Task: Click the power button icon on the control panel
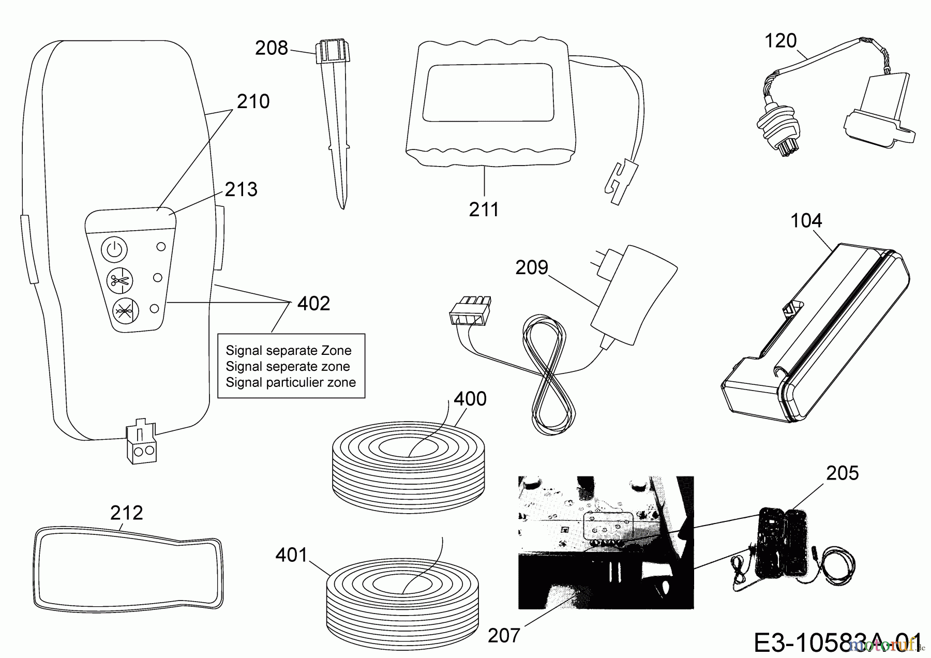[114, 250]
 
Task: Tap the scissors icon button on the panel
[119, 281]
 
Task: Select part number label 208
[271, 48]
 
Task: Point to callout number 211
[484, 210]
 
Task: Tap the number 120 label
[780, 41]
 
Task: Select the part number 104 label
[806, 221]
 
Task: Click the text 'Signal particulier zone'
[291, 383]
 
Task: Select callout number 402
[313, 304]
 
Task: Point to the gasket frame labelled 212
[128, 564]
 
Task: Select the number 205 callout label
[842, 473]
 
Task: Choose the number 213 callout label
[241, 190]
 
